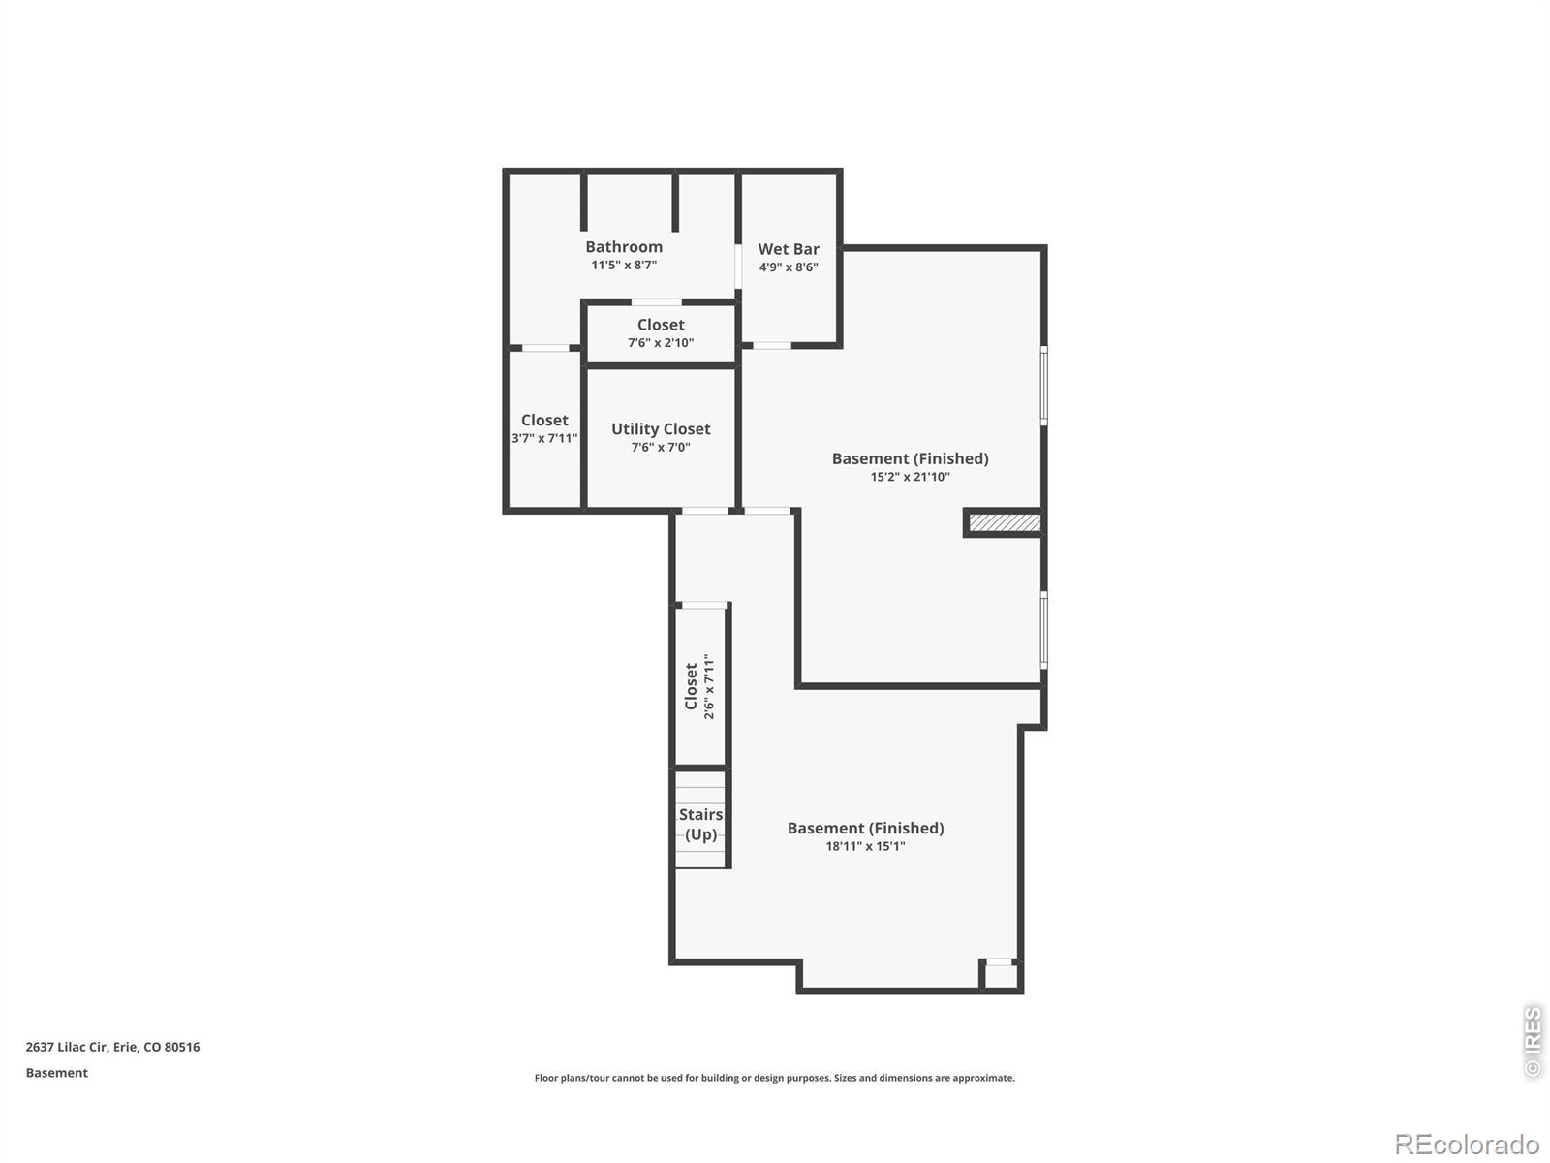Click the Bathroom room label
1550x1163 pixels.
624,247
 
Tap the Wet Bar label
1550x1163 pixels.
789,249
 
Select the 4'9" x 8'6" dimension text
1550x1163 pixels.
789,267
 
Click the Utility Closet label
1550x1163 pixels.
661,428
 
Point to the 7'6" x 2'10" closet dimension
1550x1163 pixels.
661,343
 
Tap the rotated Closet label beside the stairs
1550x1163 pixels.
691,686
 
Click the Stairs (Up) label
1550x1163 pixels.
700,824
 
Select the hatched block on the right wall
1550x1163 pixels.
1005,523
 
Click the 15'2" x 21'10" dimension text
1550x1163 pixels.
910,477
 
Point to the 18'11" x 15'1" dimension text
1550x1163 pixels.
865,846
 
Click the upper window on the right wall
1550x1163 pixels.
1043,386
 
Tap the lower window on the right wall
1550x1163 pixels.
1043,630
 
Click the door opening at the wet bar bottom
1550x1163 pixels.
772,345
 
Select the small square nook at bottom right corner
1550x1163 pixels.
1001,976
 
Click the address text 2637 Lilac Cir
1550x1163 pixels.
112,1047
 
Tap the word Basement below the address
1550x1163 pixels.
56,1073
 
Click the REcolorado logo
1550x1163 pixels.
1466,1144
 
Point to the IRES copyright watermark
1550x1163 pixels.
1532,1042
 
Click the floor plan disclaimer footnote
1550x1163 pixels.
774,1078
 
